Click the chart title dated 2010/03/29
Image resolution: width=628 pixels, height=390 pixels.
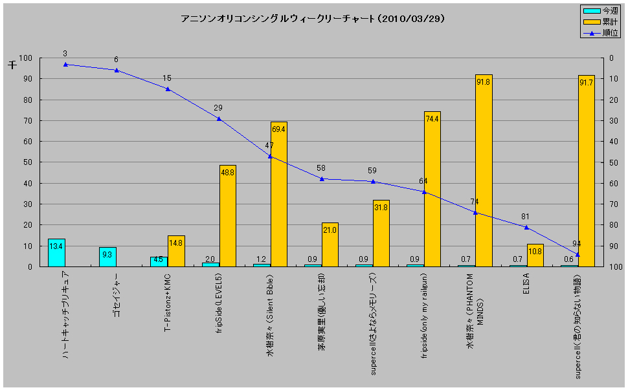[x=313, y=19]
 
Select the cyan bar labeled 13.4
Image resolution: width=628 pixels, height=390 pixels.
[x=56, y=253]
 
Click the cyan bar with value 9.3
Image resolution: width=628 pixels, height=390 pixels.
[x=107, y=257]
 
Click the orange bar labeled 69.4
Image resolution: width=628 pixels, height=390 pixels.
[x=279, y=194]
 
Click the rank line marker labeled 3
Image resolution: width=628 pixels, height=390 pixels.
[x=65, y=65]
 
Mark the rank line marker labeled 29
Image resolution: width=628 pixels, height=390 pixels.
[x=219, y=118]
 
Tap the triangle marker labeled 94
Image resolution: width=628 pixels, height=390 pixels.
[x=578, y=254]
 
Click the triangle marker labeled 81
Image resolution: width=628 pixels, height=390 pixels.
[x=526, y=227]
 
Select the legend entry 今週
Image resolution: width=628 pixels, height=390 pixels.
[x=600, y=11]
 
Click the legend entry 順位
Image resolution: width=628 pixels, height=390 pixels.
[x=600, y=33]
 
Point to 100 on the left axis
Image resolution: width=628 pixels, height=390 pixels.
[x=25, y=58]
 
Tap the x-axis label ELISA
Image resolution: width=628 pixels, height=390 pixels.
[x=526, y=283]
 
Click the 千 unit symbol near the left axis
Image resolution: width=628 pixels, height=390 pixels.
[x=12, y=65]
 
